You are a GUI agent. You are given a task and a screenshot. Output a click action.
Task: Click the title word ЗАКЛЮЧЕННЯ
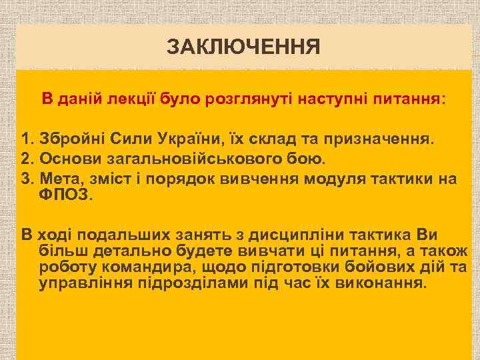243,48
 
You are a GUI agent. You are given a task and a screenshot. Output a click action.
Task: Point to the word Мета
58,179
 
